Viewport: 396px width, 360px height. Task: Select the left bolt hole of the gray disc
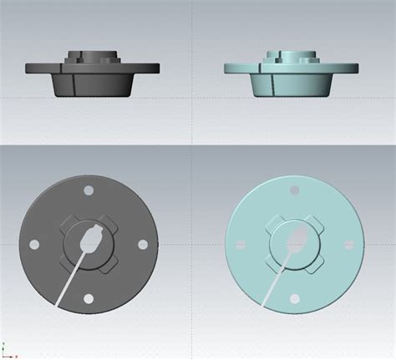[34, 245]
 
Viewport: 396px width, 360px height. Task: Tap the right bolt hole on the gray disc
[142, 244]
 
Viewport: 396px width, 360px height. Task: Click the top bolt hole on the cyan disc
[293, 190]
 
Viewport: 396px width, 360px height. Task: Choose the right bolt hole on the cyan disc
[348, 245]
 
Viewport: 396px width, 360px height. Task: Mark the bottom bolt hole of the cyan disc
[293, 299]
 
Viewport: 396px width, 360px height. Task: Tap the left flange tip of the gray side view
[28, 69]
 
